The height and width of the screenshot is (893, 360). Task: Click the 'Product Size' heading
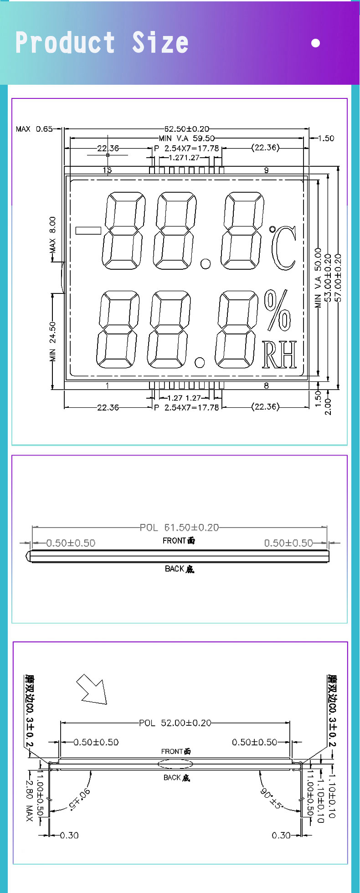102,43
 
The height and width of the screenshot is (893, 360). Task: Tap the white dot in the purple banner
315,43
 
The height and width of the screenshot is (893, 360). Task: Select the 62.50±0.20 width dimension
187,129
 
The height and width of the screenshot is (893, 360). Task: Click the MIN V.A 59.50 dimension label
186,138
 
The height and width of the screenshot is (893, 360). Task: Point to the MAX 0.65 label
34,129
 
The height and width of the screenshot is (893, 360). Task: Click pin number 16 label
107,170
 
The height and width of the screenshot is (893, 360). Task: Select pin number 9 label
266,170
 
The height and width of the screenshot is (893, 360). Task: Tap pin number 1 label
107,386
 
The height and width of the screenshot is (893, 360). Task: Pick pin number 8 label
266,386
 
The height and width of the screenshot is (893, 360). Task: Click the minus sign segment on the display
88,230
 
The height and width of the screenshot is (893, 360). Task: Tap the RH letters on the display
279,355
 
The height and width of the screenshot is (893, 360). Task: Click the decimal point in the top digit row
206,263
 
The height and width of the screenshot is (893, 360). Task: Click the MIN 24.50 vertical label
52,341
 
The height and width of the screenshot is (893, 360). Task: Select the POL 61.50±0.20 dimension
179,528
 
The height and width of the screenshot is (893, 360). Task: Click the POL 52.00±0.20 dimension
175,723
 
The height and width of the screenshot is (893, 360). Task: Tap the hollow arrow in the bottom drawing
92,689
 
